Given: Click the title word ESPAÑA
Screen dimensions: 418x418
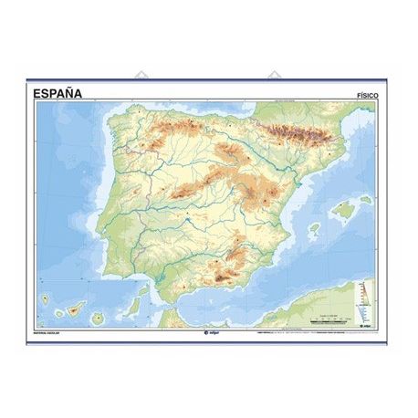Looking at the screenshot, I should click(57, 92).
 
